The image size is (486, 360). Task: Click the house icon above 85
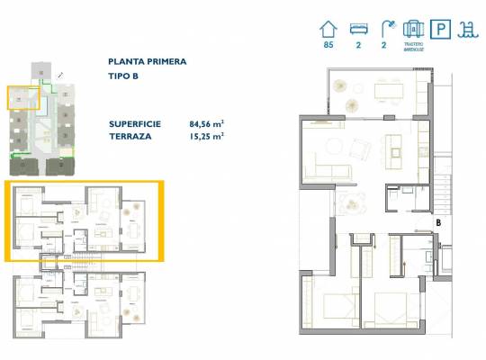328,30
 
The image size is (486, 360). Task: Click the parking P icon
442,30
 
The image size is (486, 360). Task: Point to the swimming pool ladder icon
470,30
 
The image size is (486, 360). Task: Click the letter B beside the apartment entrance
437,219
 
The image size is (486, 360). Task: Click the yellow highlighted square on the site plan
22,97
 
